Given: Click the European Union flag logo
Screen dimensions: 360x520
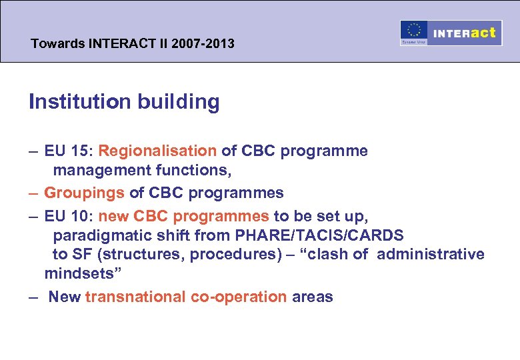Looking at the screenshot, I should pos(414,32).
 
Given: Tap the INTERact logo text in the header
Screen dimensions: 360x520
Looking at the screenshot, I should pos(465,33).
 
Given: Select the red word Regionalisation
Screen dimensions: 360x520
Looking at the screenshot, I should pos(157,151).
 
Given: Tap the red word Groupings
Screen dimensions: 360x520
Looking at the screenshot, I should pos(84,193).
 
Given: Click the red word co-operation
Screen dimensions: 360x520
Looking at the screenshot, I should pos(239,297).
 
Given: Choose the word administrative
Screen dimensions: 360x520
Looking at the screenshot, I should pos(431,254).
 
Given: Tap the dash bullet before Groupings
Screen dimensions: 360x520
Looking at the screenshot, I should pos(33,193).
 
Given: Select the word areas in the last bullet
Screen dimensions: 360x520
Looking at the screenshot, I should pos(313,297).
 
